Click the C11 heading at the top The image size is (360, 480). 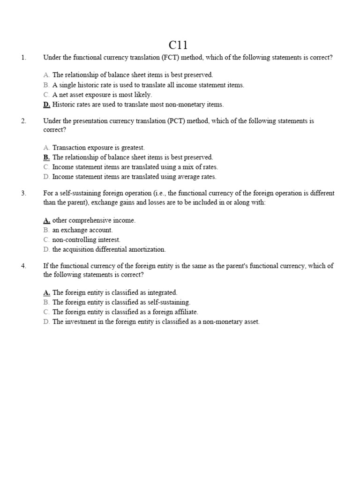(178, 45)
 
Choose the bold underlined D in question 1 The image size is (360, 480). (46, 105)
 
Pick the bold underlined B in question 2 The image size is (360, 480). (46, 157)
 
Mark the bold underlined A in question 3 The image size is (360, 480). (46, 220)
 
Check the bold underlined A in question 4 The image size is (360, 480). (46, 292)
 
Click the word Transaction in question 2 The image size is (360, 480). (69, 148)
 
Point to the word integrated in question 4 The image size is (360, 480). (161, 292)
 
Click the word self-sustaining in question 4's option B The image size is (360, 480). (169, 302)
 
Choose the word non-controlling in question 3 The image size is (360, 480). (73, 240)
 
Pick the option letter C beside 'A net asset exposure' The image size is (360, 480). (46, 95)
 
